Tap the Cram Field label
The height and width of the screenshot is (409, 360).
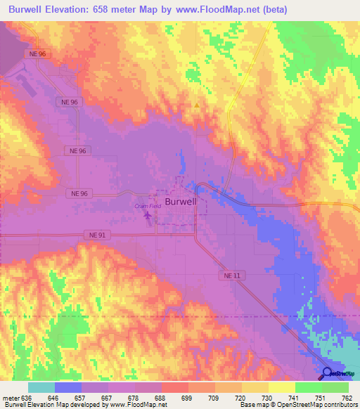click(148, 206)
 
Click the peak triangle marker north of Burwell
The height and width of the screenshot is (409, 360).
click(196, 106)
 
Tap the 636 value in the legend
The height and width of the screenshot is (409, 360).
click(27, 398)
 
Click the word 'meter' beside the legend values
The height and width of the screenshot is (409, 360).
click(11, 398)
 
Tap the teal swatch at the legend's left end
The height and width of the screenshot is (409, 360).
click(41, 387)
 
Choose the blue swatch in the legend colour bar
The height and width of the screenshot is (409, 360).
click(68, 387)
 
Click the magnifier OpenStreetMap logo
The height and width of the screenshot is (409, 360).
click(328, 374)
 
